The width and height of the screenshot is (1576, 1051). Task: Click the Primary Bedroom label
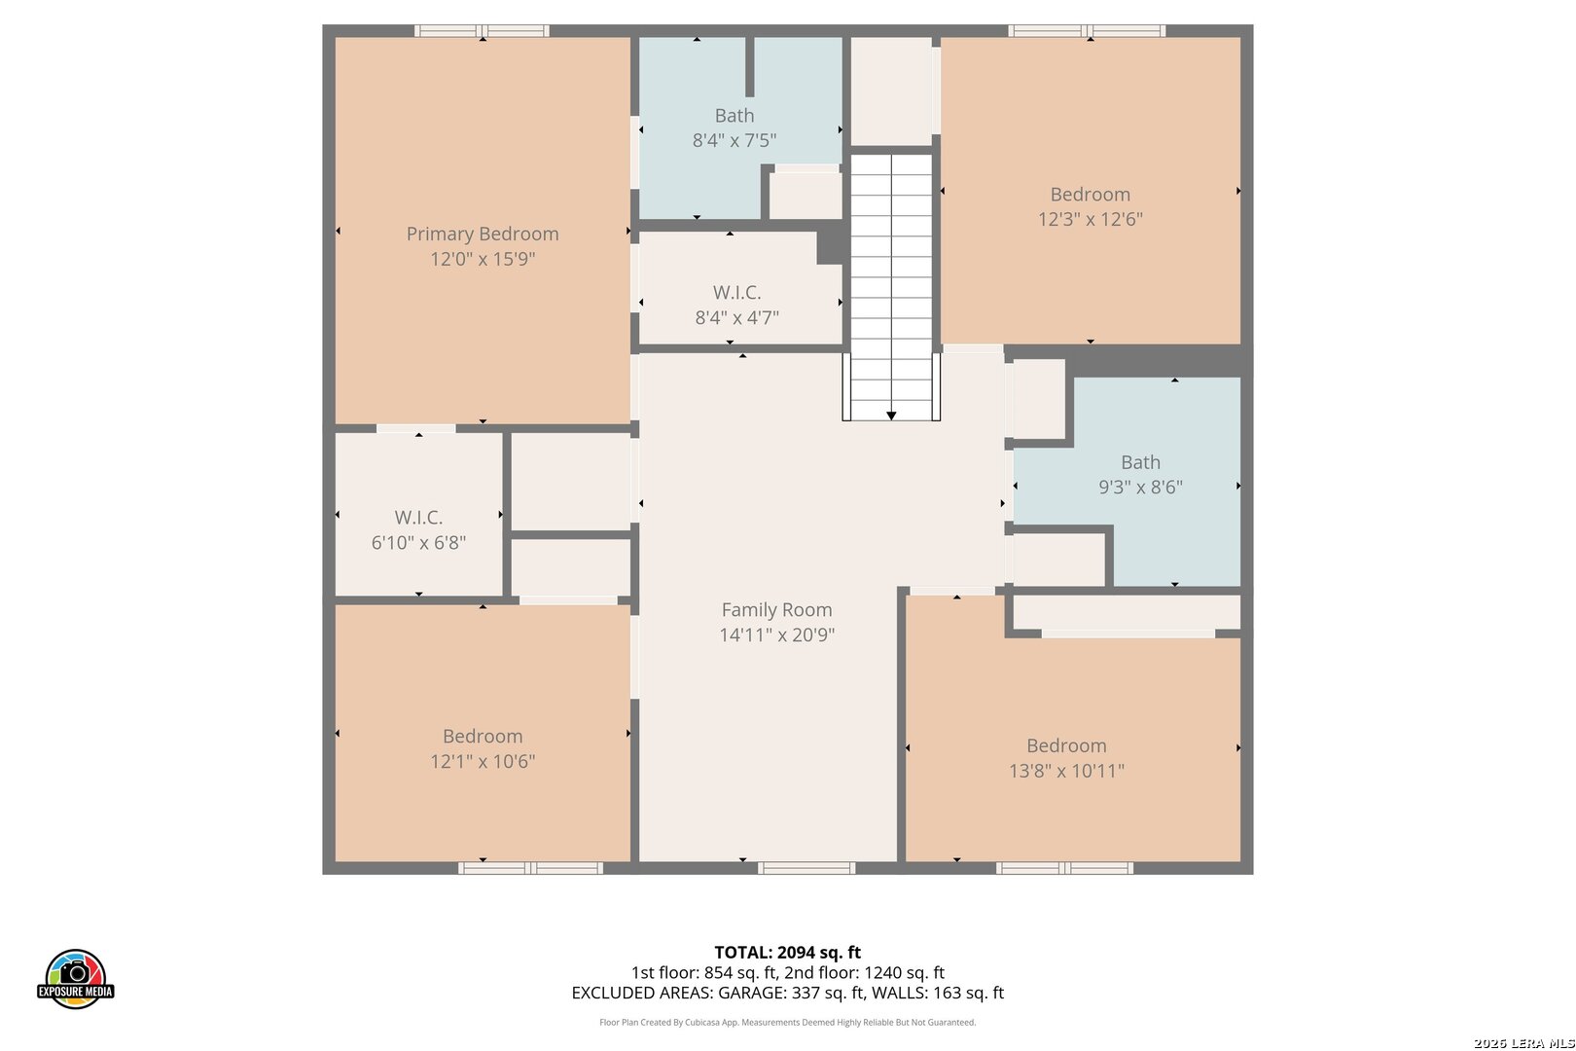[x=483, y=234]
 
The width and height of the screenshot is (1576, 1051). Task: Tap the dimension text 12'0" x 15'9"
[x=483, y=259]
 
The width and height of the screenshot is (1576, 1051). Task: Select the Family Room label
[x=776, y=610]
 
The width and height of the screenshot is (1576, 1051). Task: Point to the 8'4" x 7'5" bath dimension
[x=734, y=140]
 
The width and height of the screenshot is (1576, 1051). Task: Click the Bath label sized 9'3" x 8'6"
[x=1140, y=462]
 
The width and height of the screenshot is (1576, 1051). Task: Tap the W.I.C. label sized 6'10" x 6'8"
[x=418, y=518]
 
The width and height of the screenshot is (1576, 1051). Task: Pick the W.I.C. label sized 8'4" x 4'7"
[x=736, y=292]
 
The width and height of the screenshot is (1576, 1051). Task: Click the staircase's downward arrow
[x=891, y=416]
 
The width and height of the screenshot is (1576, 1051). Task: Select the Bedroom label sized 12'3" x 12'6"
[x=1090, y=195]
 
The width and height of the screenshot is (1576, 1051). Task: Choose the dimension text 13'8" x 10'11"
[x=1066, y=771]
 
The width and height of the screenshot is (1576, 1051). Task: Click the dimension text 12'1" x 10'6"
[x=483, y=761]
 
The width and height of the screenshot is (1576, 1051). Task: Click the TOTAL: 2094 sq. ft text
[x=787, y=953]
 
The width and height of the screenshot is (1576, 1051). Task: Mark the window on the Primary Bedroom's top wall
[x=483, y=31]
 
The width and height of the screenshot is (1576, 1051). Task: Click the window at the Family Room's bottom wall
[x=806, y=868]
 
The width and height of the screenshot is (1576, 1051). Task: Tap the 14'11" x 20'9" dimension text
[x=776, y=635]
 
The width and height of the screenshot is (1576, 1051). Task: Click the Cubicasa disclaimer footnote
[x=787, y=1022]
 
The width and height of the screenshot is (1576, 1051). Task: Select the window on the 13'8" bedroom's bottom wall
[x=1064, y=868]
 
